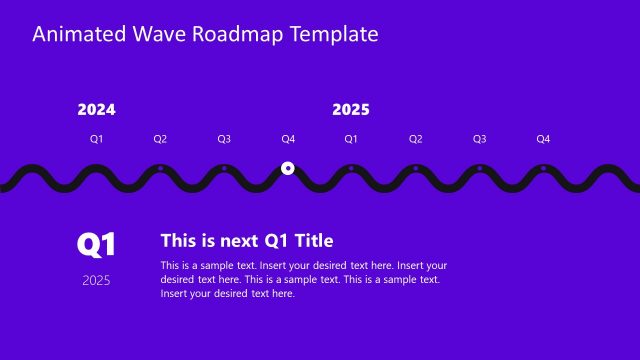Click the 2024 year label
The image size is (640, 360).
96,110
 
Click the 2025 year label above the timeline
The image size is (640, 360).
351,110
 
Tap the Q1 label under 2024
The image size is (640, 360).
96,139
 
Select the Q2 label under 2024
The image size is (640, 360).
160,139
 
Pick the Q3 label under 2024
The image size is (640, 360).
224,139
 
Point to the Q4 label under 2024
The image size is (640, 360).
288,139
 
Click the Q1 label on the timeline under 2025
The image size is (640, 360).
351,139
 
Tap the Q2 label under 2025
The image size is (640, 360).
415,139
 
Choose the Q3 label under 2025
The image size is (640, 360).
479,139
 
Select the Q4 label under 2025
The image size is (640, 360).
543,139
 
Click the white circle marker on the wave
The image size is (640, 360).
288,168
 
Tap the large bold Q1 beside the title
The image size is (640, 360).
97,244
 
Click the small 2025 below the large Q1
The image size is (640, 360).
97,280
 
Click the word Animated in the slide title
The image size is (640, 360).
78,35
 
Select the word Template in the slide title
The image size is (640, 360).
333,35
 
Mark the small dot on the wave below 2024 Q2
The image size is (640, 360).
160,168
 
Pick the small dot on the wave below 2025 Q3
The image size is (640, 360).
479,168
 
